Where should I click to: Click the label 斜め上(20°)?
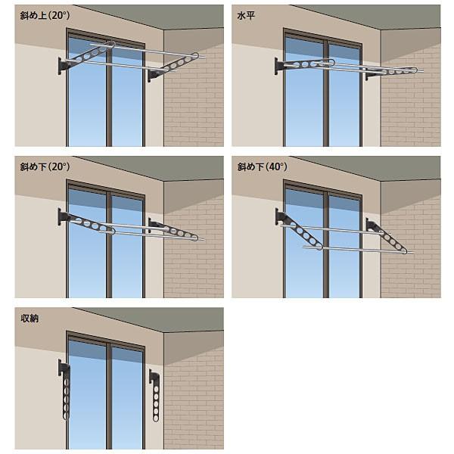click(45, 15)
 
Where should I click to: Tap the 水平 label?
click(246, 16)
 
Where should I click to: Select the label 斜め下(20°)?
click(45, 166)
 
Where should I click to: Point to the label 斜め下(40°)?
click(262, 166)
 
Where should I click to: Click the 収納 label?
click(30, 319)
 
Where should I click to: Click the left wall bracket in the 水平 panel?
click(278, 67)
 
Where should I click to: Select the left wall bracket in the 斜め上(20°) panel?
click(63, 66)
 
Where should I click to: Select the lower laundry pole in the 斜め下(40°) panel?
click(359, 250)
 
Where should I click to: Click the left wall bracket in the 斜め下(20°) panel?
click(62, 217)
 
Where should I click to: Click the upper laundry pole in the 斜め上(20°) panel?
click(148, 51)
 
